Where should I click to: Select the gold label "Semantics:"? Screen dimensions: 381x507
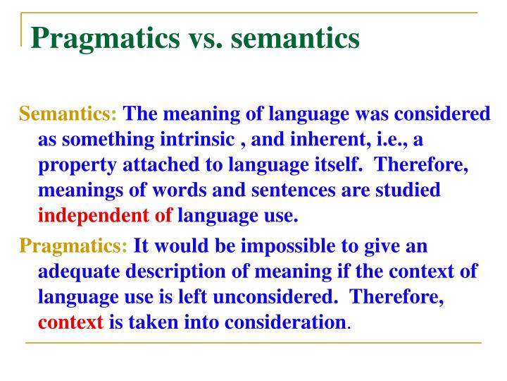point(69,114)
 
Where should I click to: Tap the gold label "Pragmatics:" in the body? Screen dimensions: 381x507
point(73,246)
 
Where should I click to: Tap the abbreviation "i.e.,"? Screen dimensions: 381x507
point(382,139)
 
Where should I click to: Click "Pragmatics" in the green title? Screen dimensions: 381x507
point(104,38)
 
